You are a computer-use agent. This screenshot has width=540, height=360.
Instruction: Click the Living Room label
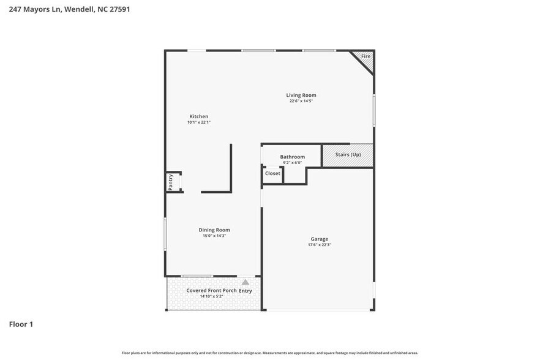[x=301, y=95]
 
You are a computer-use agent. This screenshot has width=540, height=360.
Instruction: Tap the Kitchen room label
[x=198, y=116]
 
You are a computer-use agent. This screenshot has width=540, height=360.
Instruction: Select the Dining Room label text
[x=214, y=230]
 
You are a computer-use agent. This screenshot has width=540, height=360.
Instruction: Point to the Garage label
[x=319, y=239]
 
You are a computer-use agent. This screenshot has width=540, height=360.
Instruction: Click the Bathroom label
[x=292, y=157]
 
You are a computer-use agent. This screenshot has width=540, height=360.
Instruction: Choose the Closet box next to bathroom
[x=272, y=174]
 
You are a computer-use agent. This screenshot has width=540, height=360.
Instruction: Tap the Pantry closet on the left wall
[x=171, y=182]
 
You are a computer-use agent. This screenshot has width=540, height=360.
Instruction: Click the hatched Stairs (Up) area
[x=348, y=155]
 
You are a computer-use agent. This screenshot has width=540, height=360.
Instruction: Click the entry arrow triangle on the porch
[x=246, y=282]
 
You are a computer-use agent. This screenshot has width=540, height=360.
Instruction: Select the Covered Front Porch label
[x=211, y=290]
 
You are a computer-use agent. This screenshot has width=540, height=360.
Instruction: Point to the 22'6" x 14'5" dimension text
[x=301, y=101]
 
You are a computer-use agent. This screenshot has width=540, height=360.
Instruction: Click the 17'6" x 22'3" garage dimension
[x=319, y=245]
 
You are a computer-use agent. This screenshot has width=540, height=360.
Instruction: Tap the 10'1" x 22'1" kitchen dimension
[x=198, y=122]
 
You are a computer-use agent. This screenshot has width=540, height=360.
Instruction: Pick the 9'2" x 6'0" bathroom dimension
[x=292, y=163]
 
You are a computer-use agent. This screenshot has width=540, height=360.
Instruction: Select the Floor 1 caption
[x=21, y=324]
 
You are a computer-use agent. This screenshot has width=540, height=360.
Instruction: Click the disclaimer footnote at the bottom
[x=270, y=353]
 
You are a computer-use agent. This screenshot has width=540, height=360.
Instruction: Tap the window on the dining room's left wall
[x=165, y=234]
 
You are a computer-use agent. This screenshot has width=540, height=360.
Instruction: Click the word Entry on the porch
[x=246, y=290]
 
